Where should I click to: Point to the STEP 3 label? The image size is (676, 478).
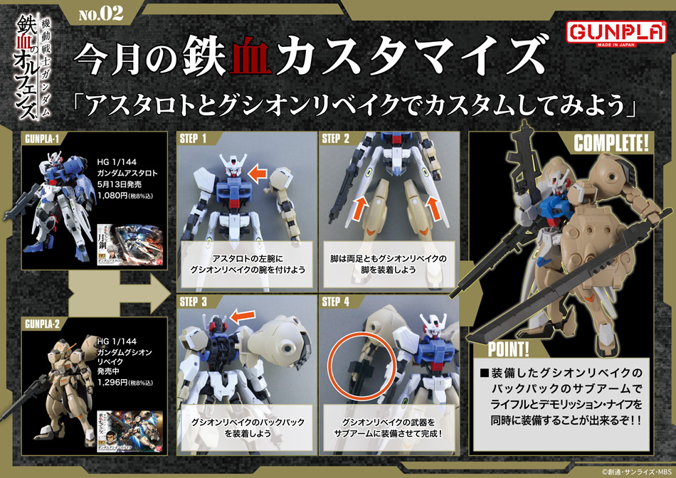(194, 302)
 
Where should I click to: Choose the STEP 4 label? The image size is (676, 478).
(336, 302)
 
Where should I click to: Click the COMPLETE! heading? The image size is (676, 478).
(611, 142)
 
